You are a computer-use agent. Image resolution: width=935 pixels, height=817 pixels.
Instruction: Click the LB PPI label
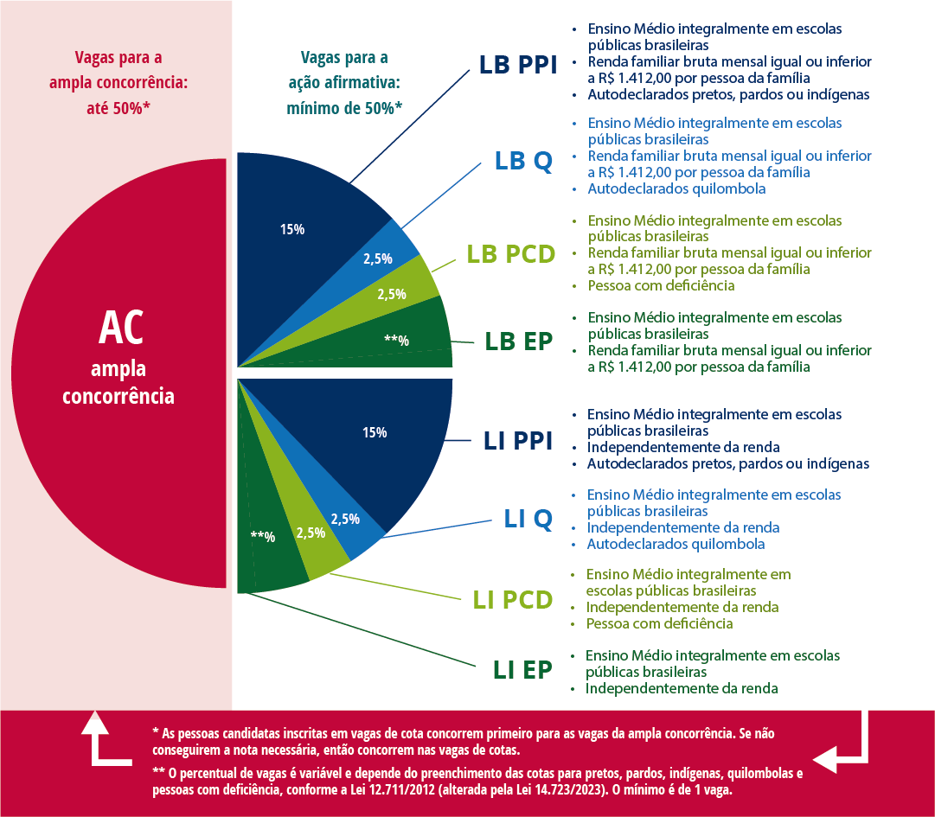(x=518, y=66)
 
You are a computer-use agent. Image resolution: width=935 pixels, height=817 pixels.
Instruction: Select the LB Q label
(x=523, y=161)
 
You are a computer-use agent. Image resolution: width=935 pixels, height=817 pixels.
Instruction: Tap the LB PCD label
(x=510, y=254)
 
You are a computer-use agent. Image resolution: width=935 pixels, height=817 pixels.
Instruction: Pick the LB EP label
(x=518, y=341)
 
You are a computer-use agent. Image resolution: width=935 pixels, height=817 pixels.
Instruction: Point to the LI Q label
(x=528, y=519)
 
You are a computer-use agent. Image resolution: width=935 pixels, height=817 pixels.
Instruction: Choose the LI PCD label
(x=512, y=599)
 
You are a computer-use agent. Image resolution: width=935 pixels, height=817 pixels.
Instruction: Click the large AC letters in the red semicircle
(x=120, y=329)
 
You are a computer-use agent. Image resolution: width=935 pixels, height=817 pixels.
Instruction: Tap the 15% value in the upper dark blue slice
(x=291, y=230)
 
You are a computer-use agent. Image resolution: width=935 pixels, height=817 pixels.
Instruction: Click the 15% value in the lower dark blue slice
(x=375, y=432)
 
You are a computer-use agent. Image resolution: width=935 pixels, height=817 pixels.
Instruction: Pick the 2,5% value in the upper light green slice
(x=392, y=294)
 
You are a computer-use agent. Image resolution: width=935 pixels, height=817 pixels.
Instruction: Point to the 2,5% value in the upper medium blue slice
(x=377, y=259)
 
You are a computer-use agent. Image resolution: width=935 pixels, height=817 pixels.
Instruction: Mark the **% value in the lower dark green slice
(x=262, y=537)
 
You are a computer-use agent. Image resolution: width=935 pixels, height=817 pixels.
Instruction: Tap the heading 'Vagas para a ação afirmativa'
(x=344, y=83)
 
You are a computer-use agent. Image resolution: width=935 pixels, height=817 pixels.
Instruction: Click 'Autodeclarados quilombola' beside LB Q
(x=676, y=188)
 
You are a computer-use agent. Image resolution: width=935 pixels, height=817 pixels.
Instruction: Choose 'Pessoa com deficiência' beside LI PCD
(x=659, y=623)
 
